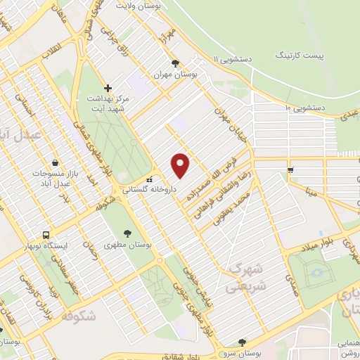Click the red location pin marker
pyautogui.click(x=181, y=165)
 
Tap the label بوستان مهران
pyautogui.click(x=195, y=74)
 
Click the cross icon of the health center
pyautogui.click(x=108, y=88)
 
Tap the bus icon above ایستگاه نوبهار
pyautogui.click(x=46, y=234)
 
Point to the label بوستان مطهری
pyautogui.click(x=127, y=245)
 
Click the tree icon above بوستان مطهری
pyautogui.click(x=127, y=233)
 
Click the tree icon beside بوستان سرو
pyautogui.click(x=243, y=342)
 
